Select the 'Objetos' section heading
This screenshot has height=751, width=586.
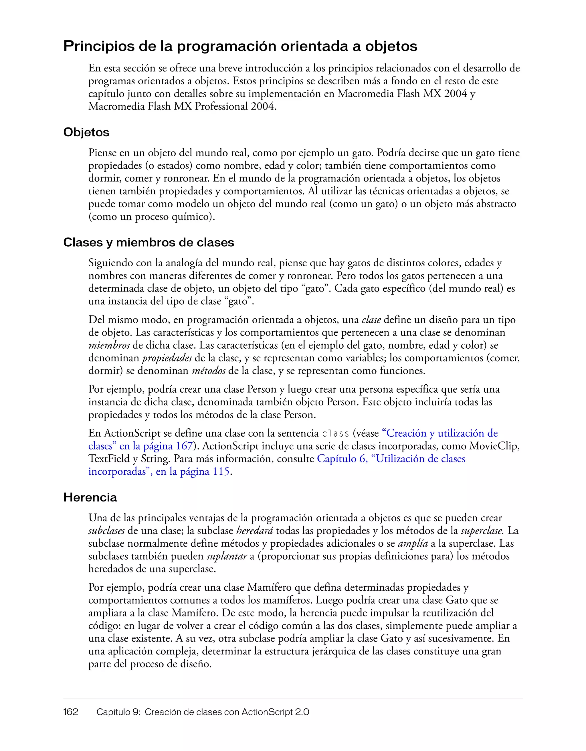click(x=86, y=132)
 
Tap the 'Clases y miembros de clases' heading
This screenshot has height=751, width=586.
click(x=149, y=242)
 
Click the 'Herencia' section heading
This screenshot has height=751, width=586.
click(x=90, y=498)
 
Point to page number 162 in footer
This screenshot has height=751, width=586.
click(x=71, y=712)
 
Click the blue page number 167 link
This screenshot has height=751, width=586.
click(x=184, y=446)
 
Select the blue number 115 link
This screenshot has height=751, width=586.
click(x=221, y=472)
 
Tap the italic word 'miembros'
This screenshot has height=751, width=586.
click(x=109, y=345)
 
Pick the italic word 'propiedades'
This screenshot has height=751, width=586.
click(x=167, y=358)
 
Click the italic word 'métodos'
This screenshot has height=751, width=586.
click(x=209, y=371)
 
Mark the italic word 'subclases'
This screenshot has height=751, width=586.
click(x=106, y=531)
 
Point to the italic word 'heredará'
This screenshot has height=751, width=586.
click(x=254, y=531)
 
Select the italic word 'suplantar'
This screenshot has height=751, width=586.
click(x=227, y=556)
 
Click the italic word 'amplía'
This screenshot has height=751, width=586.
click(x=413, y=543)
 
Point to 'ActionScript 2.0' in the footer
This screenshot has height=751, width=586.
click(x=275, y=712)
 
